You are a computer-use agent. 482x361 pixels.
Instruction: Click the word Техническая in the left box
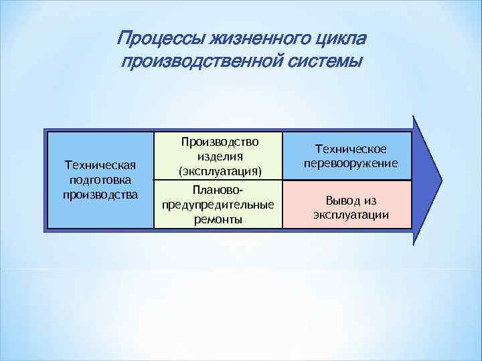(99, 165)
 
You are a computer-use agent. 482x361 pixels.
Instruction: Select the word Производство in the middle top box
(218, 142)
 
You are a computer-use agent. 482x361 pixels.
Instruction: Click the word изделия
(218, 156)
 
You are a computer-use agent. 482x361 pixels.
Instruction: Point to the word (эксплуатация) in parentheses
(218, 171)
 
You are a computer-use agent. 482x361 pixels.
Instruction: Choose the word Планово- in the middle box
(218, 190)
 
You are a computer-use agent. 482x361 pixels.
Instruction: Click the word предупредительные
(218, 205)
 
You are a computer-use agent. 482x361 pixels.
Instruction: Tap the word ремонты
(218, 219)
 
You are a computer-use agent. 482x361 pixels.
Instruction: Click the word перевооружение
(350, 164)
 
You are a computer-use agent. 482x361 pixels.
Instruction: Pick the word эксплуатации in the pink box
(350, 215)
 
